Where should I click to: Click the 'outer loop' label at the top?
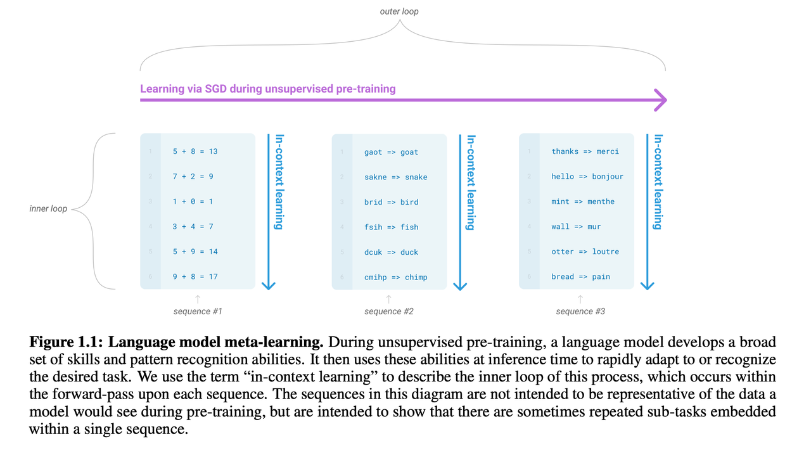pyautogui.click(x=399, y=11)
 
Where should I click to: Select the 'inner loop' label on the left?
pyautogui.click(x=48, y=208)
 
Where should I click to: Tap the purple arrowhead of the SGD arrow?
pyautogui.click(x=660, y=100)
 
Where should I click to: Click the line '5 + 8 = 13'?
pyautogui.click(x=195, y=151)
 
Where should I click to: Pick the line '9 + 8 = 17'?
pyautogui.click(x=195, y=276)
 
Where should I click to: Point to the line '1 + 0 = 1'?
pyautogui.click(x=193, y=201)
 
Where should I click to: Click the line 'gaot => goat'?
pyautogui.click(x=391, y=152)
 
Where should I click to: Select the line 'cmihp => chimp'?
pyautogui.click(x=395, y=277)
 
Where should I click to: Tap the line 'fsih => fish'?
pyautogui.click(x=391, y=227)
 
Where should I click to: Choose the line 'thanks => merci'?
pyautogui.click(x=585, y=151)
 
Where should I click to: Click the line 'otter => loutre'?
pyautogui.click(x=585, y=252)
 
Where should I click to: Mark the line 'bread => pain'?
pyautogui.click(x=580, y=276)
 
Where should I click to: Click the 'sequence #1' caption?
pyautogui.click(x=198, y=311)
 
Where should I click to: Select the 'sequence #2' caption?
pyautogui.click(x=389, y=311)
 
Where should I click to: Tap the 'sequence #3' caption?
pyautogui.click(x=580, y=311)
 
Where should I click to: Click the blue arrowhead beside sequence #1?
pyautogui.click(x=269, y=284)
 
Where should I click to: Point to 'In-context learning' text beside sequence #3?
pyautogui.click(x=659, y=182)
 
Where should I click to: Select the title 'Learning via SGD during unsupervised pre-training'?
pyautogui.click(x=267, y=89)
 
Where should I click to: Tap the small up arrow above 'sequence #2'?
pyautogui.click(x=389, y=298)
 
